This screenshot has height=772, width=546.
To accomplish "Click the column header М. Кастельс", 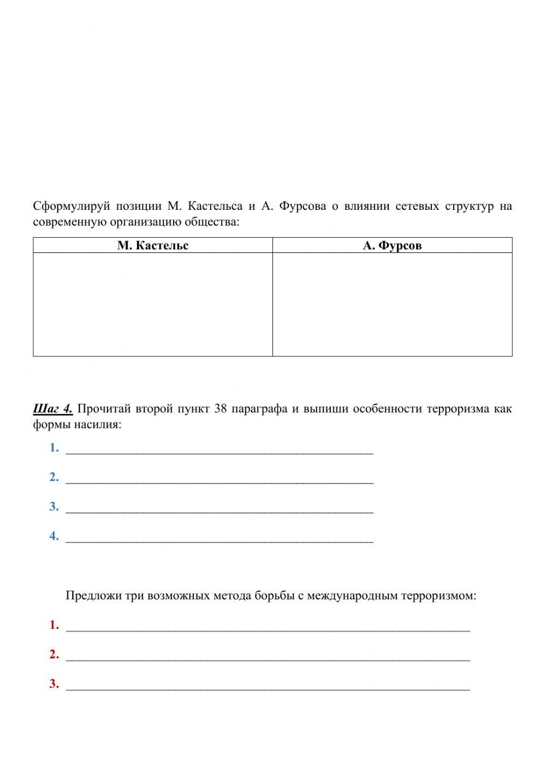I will click(x=153, y=245).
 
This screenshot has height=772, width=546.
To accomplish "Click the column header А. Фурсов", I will click(x=392, y=245).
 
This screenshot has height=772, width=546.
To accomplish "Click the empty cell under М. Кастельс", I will click(x=153, y=304).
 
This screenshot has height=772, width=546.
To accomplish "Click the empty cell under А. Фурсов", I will click(x=392, y=304).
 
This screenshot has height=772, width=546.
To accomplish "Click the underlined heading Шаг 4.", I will click(x=52, y=409).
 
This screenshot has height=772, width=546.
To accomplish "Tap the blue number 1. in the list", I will click(x=54, y=447).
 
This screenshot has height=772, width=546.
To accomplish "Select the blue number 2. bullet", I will click(x=54, y=477).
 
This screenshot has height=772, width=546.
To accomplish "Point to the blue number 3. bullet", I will click(x=54, y=506).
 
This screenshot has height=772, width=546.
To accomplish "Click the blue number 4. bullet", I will click(x=54, y=536).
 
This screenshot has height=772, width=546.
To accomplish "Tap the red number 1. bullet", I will click(x=54, y=625).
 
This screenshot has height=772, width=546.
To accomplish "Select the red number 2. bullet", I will click(x=54, y=655).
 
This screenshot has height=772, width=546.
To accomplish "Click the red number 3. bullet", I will click(x=54, y=684).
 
